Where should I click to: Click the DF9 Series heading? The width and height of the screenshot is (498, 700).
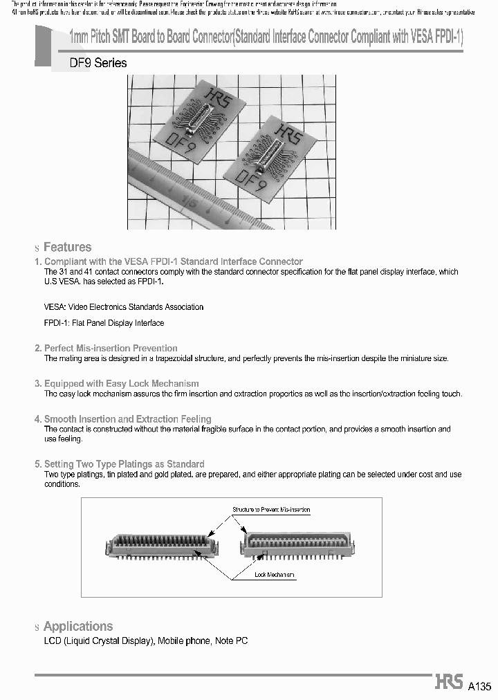[x=98, y=63]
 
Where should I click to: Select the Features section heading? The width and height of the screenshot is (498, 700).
[x=67, y=247]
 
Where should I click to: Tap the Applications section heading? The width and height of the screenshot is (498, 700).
[x=77, y=626]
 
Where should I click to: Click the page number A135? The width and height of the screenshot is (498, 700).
[x=479, y=686]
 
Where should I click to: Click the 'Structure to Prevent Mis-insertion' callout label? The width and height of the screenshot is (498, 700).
[x=271, y=510]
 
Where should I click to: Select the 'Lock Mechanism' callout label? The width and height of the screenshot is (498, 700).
[x=274, y=575]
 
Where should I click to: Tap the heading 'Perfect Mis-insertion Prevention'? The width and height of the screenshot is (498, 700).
[x=111, y=348]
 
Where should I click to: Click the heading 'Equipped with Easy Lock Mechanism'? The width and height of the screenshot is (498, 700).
[x=121, y=383]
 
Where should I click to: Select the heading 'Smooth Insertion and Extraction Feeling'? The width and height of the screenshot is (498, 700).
[x=127, y=419]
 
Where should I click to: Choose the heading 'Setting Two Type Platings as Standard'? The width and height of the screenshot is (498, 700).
[x=124, y=464]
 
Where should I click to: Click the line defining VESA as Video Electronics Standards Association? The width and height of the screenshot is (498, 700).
[x=124, y=306]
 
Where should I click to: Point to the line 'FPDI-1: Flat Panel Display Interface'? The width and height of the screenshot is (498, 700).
[x=104, y=323]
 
